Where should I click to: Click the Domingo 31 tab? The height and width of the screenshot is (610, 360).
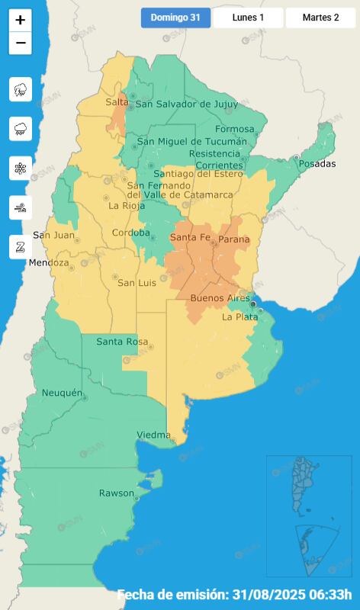175,18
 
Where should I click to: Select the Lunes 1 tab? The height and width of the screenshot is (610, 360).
248,18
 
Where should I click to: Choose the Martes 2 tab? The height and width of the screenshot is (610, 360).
320,18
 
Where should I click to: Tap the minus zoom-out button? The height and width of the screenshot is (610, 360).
21,43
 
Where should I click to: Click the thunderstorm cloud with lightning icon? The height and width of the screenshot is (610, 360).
21,89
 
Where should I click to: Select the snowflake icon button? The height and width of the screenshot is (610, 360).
21,168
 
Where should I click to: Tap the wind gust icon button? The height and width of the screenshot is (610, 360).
21,207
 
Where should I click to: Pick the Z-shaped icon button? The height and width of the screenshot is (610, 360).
21,246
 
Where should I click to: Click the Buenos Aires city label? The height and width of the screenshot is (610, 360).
219,297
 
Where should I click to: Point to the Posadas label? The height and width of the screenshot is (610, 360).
317,164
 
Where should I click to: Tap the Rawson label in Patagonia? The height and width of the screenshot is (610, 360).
117,493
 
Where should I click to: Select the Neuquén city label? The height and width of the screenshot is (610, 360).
62,393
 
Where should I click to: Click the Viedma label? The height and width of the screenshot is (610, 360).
153,435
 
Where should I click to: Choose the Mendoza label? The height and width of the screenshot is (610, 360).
49,263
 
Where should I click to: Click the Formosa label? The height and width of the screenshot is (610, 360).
234,129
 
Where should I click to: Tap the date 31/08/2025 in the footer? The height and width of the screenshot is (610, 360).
271,595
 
